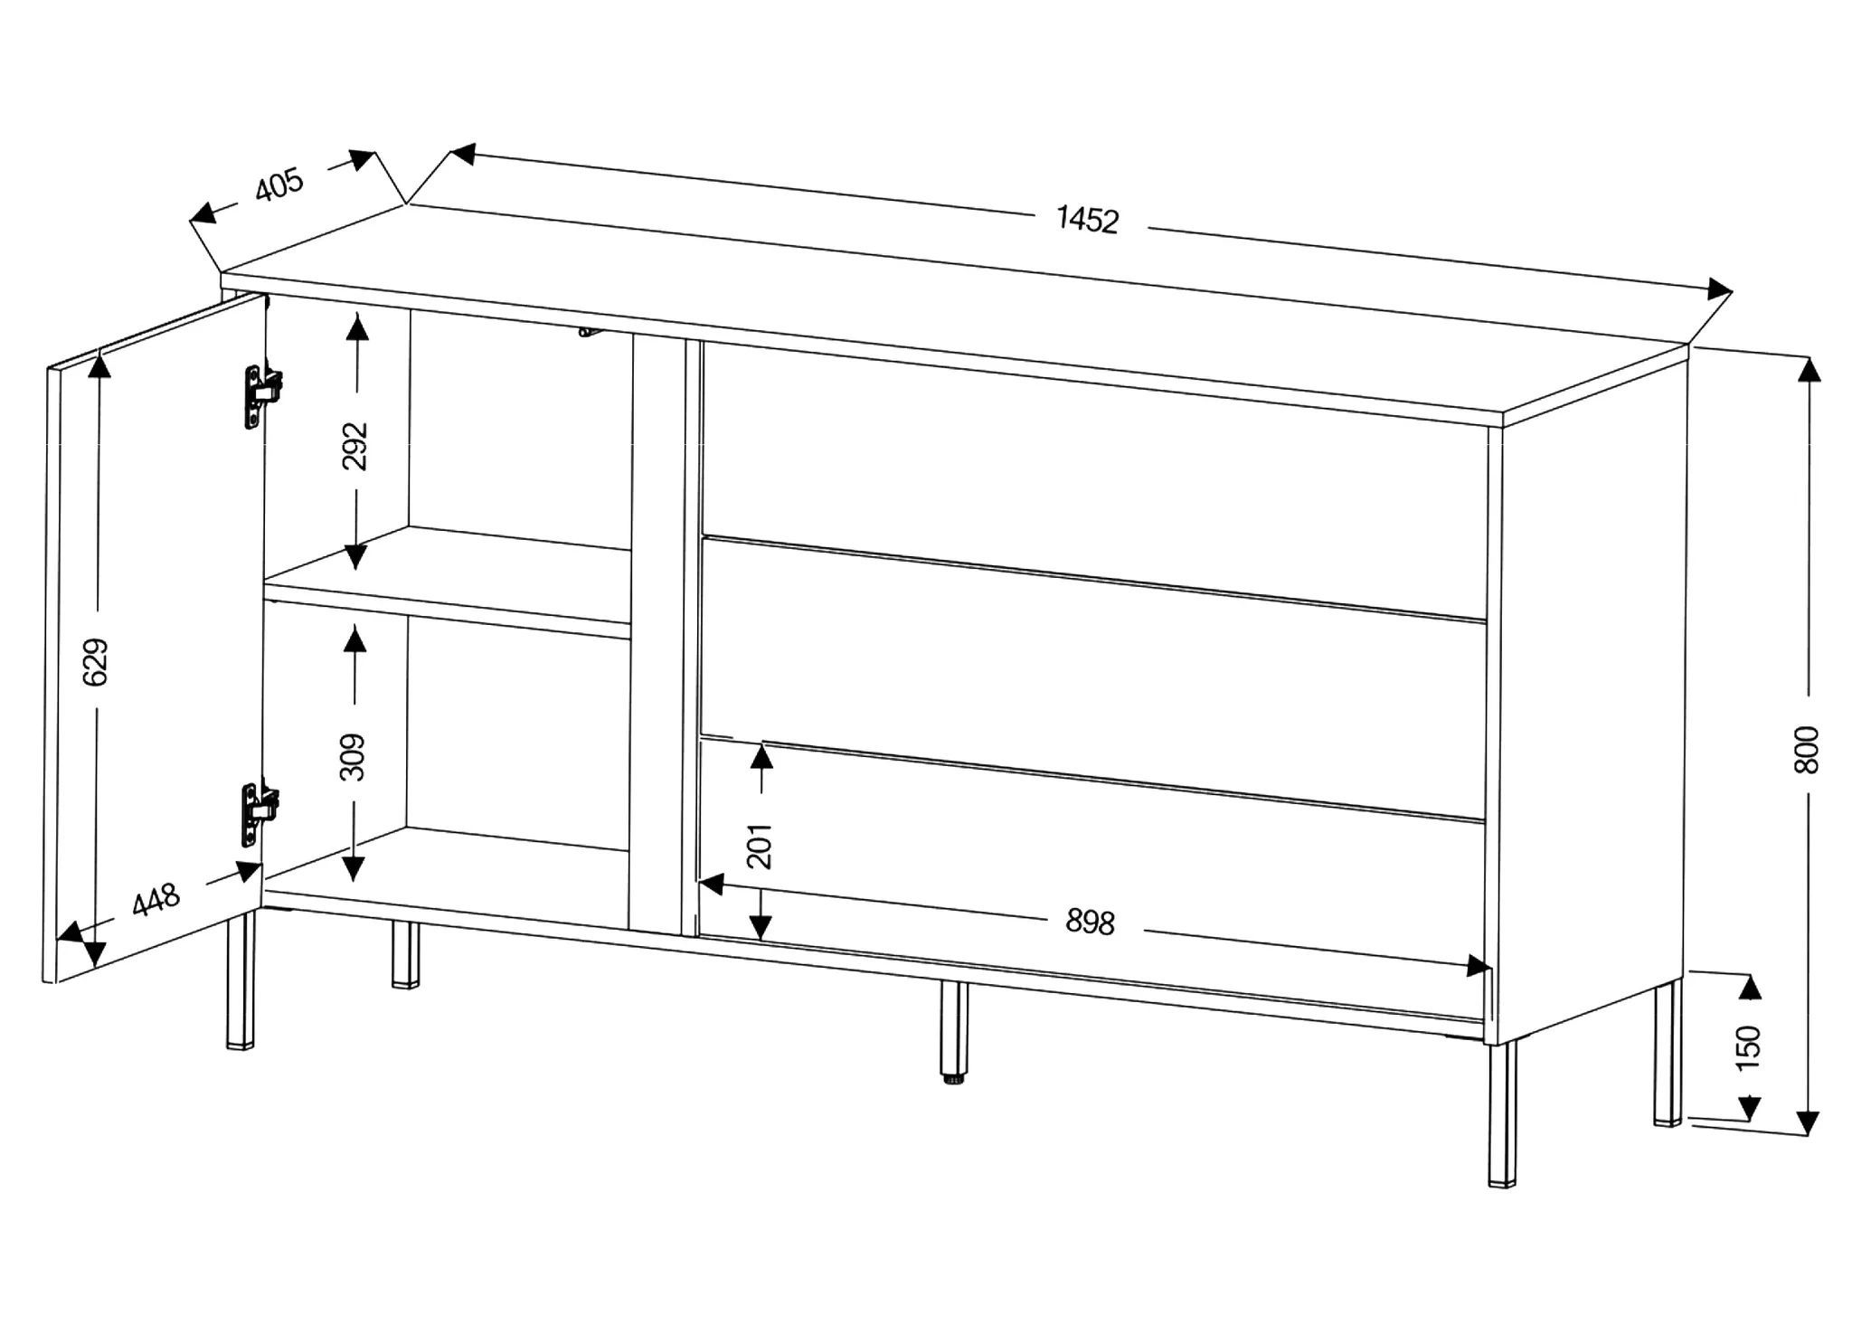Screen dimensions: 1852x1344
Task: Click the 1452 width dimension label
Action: click(1088, 220)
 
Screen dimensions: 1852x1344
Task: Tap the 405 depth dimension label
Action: click(279, 185)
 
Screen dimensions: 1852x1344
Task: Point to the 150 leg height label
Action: click(1750, 1047)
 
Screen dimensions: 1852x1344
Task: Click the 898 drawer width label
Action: click(1090, 922)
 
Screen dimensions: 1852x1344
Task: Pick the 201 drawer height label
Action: click(761, 846)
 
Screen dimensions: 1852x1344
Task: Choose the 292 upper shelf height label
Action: click(356, 446)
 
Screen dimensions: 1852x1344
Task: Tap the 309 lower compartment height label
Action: click(354, 756)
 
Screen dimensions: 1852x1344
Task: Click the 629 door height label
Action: click(96, 662)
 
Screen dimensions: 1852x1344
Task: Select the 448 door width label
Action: click(156, 901)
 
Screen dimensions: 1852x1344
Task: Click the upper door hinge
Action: click(261, 394)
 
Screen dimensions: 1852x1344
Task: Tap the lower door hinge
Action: click(260, 813)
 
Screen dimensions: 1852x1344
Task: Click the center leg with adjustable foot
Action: click(951, 1031)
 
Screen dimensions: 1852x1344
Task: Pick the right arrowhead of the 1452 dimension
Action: click(1718, 290)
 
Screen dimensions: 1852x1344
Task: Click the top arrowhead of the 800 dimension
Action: click(1808, 371)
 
